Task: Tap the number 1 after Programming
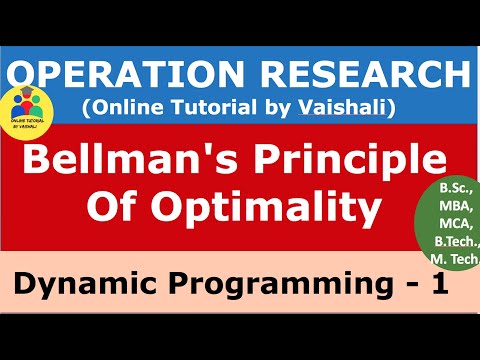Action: click(436, 287)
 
